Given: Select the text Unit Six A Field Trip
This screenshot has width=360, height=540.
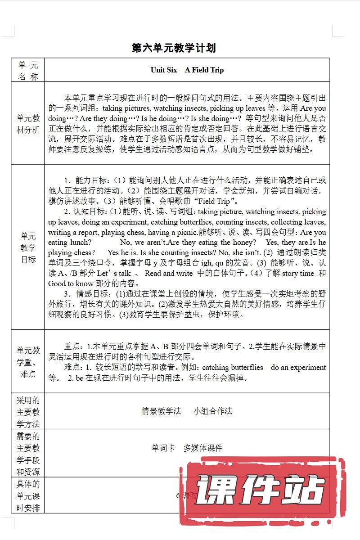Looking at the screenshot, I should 187,70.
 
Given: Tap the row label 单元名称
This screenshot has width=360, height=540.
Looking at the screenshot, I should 28,70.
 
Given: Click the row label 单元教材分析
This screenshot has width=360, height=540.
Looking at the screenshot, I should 28,124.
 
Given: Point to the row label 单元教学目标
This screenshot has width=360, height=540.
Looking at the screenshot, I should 28,248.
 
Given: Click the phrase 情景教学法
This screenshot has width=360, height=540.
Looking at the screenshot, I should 161,411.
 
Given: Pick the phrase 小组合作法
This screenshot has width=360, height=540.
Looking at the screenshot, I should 213,411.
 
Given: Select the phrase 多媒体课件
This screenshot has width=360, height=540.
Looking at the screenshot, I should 203,448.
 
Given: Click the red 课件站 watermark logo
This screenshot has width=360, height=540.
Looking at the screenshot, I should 261,490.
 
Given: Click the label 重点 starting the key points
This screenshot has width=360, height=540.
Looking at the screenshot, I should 72,346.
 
